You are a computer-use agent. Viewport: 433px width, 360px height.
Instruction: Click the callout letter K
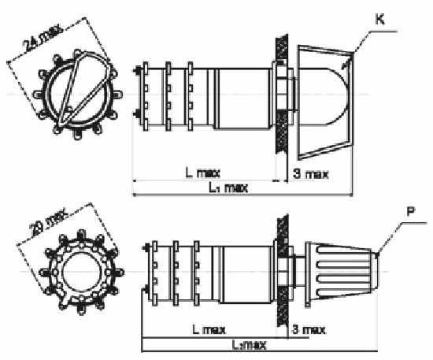coord(379,20)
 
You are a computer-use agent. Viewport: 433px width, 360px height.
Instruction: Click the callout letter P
coord(411,212)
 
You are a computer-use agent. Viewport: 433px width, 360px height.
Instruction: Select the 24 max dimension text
coord(43,38)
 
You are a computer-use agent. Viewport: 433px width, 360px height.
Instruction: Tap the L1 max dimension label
coord(228,188)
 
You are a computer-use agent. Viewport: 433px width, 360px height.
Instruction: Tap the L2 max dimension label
coord(249,345)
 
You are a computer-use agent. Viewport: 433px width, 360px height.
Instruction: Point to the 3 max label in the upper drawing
coord(311,174)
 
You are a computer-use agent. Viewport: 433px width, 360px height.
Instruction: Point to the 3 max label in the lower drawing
coord(309,329)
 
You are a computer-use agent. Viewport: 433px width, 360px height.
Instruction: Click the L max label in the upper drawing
coord(202,173)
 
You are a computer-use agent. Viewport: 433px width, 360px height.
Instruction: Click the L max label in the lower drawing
coord(209,329)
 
